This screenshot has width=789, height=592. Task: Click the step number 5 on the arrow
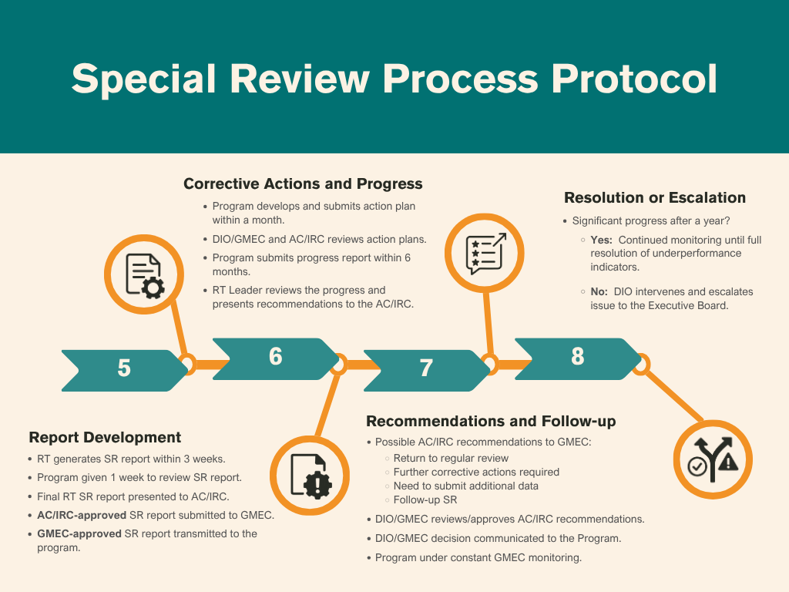[124, 368]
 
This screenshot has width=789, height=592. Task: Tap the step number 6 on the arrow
[275, 356]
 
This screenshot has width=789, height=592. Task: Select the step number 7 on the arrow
[426, 368]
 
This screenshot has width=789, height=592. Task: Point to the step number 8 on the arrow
[577, 356]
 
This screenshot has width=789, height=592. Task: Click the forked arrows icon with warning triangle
[713, 460]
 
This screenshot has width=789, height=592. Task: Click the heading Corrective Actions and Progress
[303, 184]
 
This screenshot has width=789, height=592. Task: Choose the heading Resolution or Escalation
[655, 197]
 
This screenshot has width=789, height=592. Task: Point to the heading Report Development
[105, 437]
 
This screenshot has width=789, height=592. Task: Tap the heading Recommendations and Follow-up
[491, 421]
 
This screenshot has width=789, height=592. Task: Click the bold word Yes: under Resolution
[602, 240]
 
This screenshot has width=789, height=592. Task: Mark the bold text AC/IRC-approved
[82, 515]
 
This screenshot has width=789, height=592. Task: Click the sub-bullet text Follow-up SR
[425, 499]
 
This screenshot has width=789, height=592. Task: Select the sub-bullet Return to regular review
[451, 458]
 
